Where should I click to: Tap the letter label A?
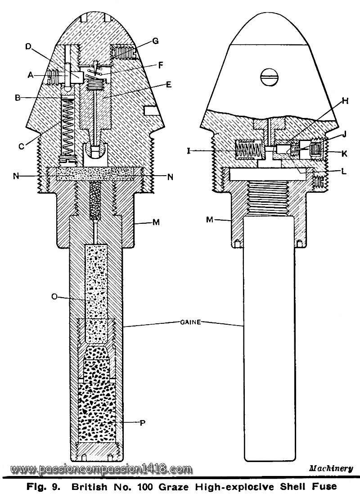(31, 76)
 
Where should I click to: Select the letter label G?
(155, 41)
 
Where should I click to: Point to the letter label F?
(160, 65)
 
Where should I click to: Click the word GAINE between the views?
(185, 322)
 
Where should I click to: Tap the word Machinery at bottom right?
(331, 468)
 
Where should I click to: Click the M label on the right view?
(210, 220)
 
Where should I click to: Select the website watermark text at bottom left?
(101, 469)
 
